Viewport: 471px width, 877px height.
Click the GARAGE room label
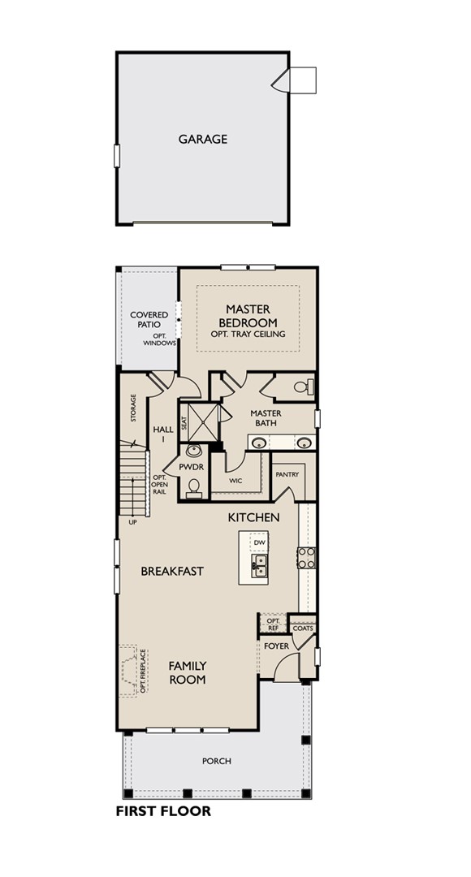pos(203,139)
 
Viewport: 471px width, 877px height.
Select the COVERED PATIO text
pos(149,319)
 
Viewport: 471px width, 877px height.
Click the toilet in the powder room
pos(194,486)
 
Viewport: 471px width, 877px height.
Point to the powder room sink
pos(194,451)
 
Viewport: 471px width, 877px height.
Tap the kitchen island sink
pos(258,565)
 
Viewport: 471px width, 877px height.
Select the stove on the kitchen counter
pos(306,557)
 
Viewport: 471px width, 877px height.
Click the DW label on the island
pos(259,542)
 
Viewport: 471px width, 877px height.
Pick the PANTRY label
pos(287,474)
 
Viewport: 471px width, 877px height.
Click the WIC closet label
pos(235,481)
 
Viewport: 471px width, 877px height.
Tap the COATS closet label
pos(303,628)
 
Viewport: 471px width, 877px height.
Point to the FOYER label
pos(276,646)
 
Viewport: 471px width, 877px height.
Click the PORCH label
pos(217,761)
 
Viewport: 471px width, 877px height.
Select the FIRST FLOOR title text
pos(163,811)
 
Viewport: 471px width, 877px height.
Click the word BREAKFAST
pos(172,571)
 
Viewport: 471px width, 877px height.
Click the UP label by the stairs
pos(132,521)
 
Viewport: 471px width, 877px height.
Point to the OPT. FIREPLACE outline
pos(132,671)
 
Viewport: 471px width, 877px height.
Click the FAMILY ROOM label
pos(188,672)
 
